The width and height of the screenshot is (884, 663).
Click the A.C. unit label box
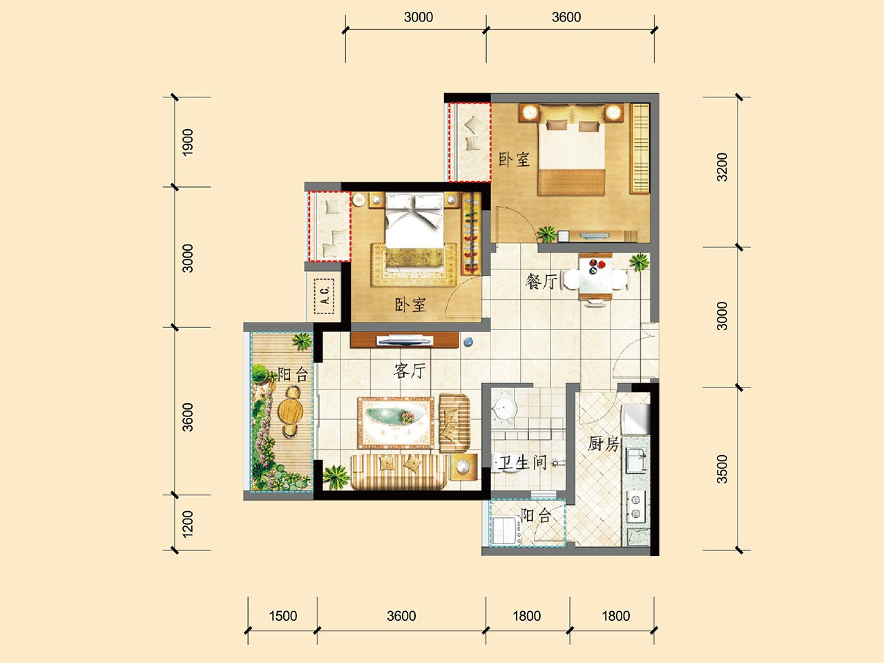coord(324,296)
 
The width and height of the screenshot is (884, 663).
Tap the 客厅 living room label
coord(410,370)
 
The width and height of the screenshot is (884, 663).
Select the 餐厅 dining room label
coord(541,281)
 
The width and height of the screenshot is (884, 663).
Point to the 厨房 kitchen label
coord(603,443)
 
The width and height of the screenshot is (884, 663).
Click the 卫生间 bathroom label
coord(522,462)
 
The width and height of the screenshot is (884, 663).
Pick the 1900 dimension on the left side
coord(188,142)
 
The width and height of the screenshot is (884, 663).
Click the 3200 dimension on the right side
coord(722,167)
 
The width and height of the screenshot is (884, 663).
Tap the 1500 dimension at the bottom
coord(282,616)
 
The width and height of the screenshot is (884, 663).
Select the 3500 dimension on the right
coord(722,468)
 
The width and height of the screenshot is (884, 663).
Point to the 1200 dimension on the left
coord(188,524)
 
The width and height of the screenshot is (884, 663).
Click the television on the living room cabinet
coord(405,340)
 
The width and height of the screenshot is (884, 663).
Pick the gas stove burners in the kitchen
coord(635,506)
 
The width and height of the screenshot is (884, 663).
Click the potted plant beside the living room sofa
coord(336,477)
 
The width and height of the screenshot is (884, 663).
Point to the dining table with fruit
coord(595,276)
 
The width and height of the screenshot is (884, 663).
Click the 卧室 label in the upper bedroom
coord(514,160)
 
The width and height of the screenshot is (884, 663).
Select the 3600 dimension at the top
coord(566,17)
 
